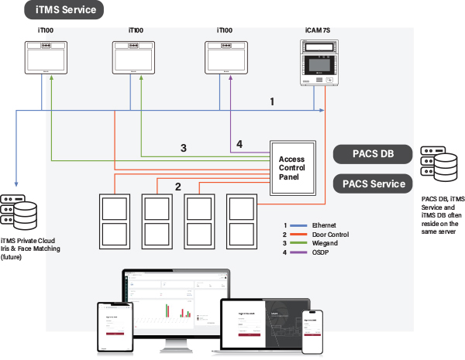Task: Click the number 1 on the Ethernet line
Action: click(x=272, y=101)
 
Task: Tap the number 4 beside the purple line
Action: click(x=239, y=144)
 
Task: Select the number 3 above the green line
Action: click(x=183, y=148)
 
